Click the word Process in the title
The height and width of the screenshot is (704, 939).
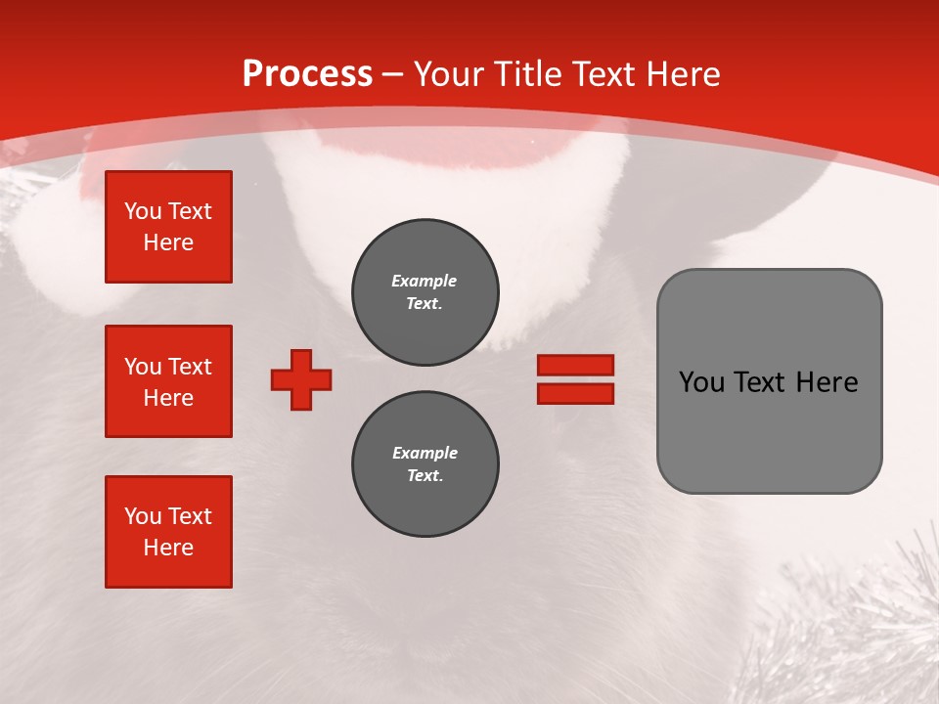click(307, 74)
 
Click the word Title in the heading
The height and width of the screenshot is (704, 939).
click(526, 74)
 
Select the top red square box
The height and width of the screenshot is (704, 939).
click(168, 227)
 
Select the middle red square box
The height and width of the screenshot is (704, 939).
click(168, 381)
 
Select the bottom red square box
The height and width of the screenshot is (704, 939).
click(168, 532)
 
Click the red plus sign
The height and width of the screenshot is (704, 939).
click(301, 379)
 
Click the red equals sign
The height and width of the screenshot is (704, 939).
click(575, 379)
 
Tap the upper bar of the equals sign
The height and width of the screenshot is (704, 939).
click(575, 365)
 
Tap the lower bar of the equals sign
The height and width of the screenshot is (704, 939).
click(575, 393)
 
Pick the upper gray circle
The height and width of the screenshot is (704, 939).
click(425, 292)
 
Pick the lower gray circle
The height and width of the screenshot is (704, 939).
click(425, 464)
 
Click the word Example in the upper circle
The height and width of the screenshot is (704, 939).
click(425, 281)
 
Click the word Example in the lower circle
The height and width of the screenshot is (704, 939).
click(425, 453)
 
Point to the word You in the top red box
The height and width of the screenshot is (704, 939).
click(143, 211)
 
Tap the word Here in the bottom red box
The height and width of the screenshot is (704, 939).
click(168, 548)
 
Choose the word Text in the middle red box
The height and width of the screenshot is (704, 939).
click(190, 367)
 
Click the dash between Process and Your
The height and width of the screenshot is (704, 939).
click(393, 75)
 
